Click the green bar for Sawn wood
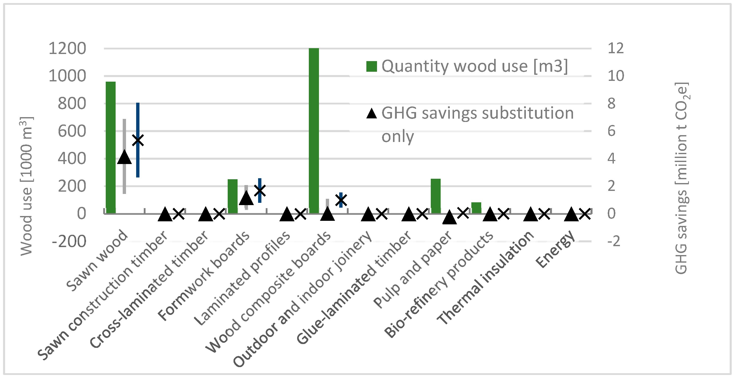(x=111, y=147)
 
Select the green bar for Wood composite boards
(x=314, y=131)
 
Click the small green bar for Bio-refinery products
(x=476, y=208)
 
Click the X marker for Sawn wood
(x=138, y=140)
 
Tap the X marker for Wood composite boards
(x=341, y=200)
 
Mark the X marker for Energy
(x=585, y=214)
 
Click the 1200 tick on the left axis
(x=67, y=48)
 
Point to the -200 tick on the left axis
(x=69, y=242)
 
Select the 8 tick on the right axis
(x=611, y=103)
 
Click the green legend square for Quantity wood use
(x=371, y=66)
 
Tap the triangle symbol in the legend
(x=371, y=114)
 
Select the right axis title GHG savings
(x=682, y=178)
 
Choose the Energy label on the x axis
(x=555, y=249)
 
